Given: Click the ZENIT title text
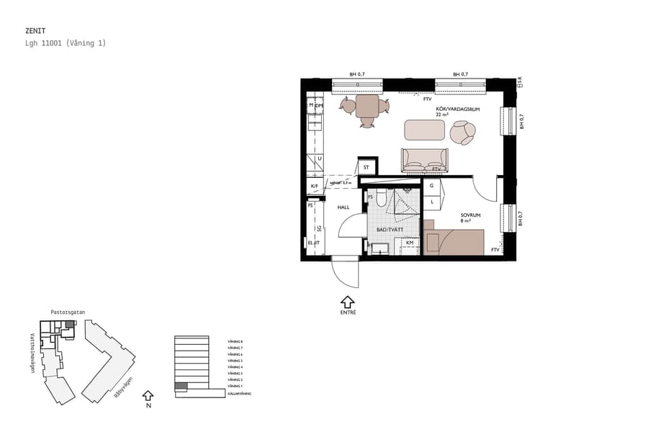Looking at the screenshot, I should [x=35, y=32].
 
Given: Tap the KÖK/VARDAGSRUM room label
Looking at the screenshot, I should [x=457, y=109].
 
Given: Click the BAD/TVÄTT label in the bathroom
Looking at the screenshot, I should [x=390, y=230].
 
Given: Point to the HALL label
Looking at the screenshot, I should [x=343, y=207].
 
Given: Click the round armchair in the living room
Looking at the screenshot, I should [x=462, y=132].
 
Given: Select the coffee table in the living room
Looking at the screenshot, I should [x=425, y=130].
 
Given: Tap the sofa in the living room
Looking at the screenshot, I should [x=424, y=160].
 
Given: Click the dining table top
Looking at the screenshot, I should [x=367, y=107].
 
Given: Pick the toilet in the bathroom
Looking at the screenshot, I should [x=382, y=196].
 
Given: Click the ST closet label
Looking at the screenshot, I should [x=366, y=168].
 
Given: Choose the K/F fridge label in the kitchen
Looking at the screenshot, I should [x=315, y=186].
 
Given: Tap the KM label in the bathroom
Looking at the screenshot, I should [x=410, y=243].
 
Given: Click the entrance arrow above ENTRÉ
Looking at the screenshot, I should [x=348, y=301].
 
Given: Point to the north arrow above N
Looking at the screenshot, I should [x=148, y=395].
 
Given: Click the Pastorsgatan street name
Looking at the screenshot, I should [x=68, y=312].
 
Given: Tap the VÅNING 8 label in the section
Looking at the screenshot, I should [x=235, y=341].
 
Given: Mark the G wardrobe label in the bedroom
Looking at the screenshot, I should [x=431, y=186].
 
